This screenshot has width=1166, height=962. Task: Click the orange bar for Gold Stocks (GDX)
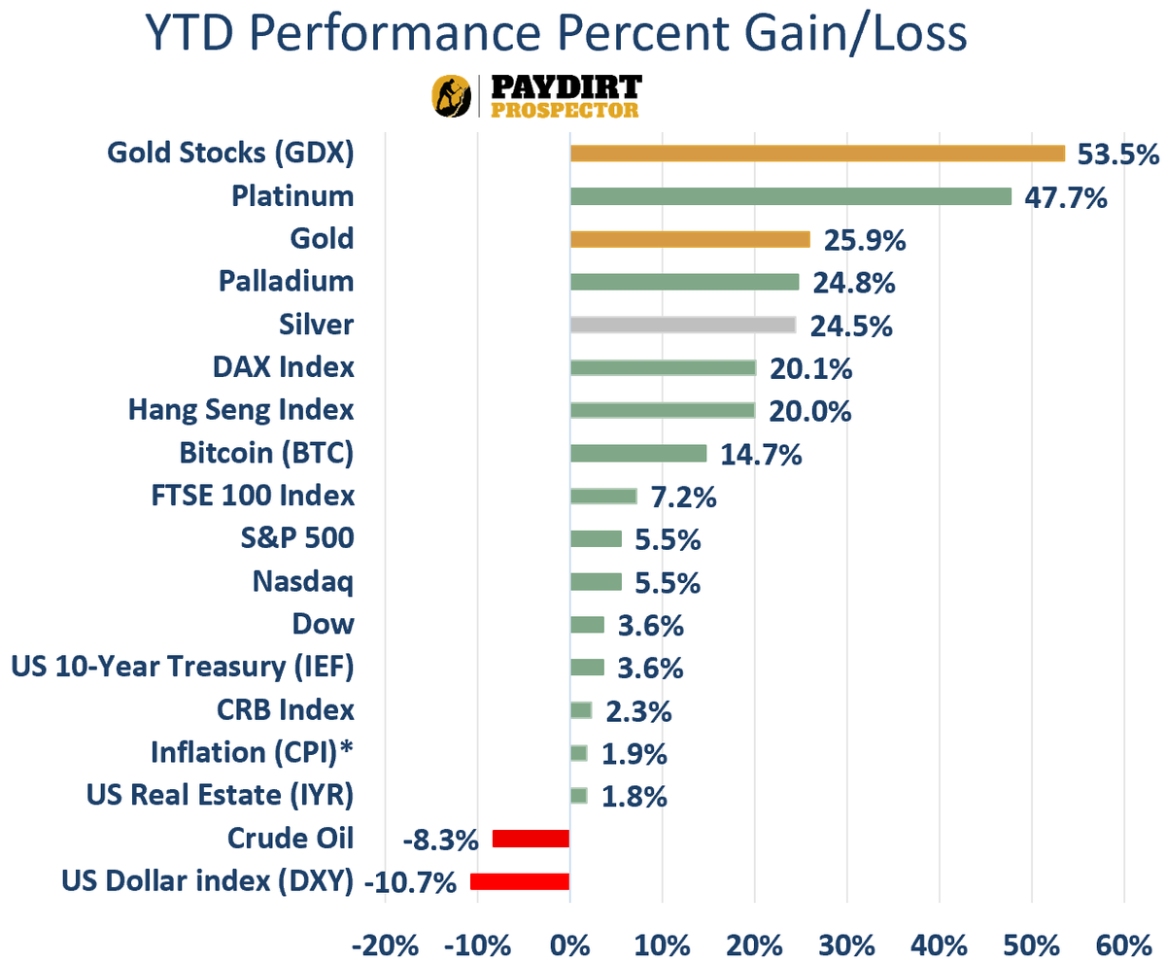click(x=817, y=154)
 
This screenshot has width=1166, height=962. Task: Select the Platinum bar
click(x=790, y=196)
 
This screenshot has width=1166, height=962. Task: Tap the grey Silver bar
click(x=682, y=325)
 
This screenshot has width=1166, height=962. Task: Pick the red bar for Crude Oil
click(x=531, y=839)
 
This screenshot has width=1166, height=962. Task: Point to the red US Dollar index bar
click(x=520, y=881)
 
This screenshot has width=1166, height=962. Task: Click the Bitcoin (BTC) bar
click(x=637, y=453)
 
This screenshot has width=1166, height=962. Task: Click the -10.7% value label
click(x=410, y=882)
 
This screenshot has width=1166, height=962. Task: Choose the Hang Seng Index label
click(x=241, y=410)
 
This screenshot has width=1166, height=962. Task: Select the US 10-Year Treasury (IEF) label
click(x=183, y=667)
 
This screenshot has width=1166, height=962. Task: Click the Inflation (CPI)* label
click(x=253, y=752)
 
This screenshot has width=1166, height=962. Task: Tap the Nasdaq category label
click(x=302, y=581)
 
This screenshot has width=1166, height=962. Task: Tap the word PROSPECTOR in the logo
click(x=565, y=110)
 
